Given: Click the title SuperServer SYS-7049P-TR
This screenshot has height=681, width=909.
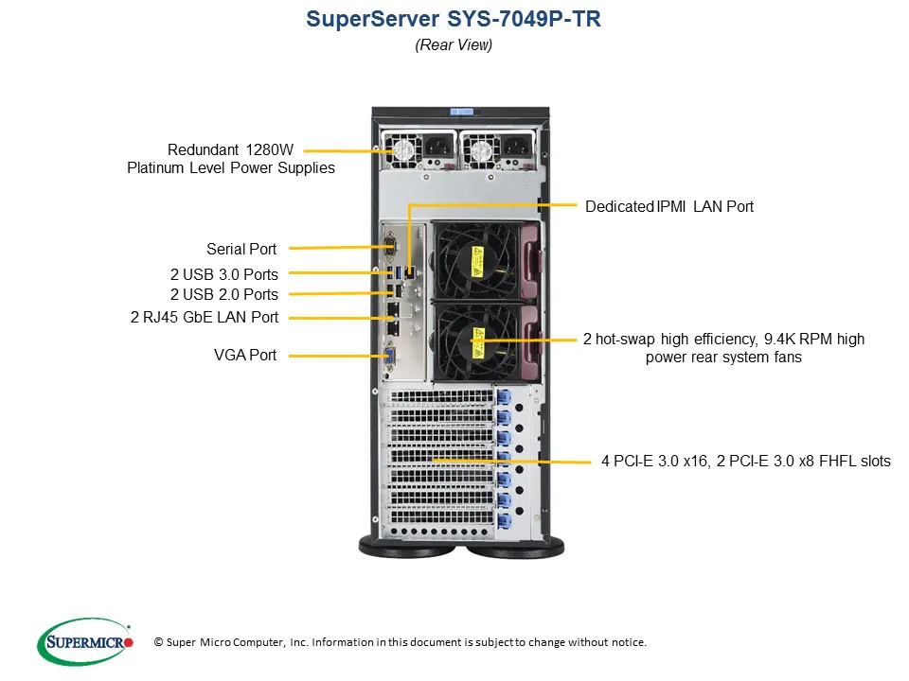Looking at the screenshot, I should point(454,20).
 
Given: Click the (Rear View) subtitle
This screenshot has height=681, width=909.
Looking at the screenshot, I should point(454,44).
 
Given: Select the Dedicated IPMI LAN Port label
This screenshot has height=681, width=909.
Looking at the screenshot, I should point(669,206).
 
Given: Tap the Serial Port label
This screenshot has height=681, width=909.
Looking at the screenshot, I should point(241,250).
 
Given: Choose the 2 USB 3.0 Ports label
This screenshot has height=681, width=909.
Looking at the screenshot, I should point(224,274).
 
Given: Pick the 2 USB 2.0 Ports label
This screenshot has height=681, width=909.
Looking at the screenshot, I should point(224,294).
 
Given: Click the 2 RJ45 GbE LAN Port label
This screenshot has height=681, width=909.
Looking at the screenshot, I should point(205,318).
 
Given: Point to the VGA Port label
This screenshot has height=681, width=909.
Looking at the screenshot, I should point(245,356).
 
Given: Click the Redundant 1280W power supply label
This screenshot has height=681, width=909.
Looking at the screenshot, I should point(231,159).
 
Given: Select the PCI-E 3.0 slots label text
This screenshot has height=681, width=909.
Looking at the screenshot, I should point(745,462).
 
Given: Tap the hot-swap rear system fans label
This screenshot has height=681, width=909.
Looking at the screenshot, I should point(723,348).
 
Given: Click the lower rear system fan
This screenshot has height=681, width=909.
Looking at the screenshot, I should point(477,338).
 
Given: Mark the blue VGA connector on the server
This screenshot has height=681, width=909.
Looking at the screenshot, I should point(388,356).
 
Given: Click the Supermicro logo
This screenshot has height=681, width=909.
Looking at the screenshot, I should point(85,641).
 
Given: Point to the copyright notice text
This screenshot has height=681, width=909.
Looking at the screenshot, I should point(401,642).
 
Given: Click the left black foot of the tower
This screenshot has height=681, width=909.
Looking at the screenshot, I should point(409,546).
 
